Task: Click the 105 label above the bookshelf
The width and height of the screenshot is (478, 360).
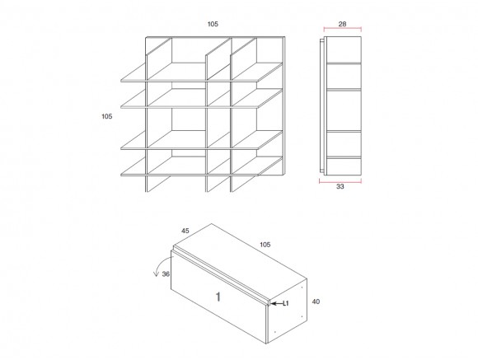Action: click(213, 24)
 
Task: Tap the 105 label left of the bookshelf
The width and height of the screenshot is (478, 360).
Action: click(107, 116)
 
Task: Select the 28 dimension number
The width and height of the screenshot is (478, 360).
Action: click(342, 24)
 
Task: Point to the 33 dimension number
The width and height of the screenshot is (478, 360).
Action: click(340, 186)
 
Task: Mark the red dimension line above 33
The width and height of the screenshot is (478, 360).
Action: click(340, 181)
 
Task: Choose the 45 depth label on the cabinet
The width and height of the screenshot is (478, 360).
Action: click(185, 231)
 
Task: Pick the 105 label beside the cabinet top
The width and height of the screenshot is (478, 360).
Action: click(265, 245)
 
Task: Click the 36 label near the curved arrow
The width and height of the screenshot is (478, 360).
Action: click(166, 274)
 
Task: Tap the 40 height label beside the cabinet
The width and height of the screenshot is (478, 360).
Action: click(316, 302)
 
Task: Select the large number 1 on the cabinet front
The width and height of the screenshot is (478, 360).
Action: click(218, 297)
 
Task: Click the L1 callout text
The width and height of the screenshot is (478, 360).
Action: click(286, 303)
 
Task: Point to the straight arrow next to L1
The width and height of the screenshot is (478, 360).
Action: click(276, 304)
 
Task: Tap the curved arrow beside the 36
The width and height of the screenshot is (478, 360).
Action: click(159, 263)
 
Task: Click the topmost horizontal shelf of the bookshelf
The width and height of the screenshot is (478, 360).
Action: click(202, 72)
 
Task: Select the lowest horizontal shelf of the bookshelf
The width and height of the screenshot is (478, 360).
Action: click(202, 166)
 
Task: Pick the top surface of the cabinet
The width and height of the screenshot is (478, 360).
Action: click(240, 262)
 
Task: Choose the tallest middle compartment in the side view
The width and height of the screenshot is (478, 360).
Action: click(344, 111)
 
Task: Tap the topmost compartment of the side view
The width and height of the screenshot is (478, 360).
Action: click(344, 49)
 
